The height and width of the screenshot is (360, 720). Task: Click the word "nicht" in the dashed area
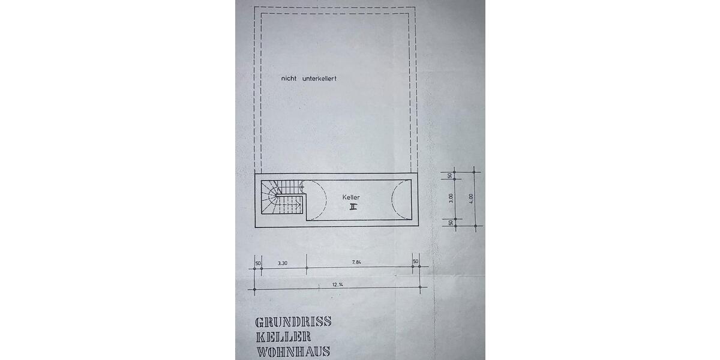pos(289,79)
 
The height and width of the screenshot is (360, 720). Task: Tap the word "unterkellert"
pos(319,79)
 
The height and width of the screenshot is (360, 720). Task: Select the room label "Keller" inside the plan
pos(351,197)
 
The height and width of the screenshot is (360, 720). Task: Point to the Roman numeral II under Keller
pos(353,207)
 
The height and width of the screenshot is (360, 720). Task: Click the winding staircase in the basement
pos(282,197)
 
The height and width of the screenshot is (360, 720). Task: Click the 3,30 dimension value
pos(283,263)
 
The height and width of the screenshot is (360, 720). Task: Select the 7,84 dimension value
pos(356,262)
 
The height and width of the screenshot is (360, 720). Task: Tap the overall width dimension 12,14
pos(337,284)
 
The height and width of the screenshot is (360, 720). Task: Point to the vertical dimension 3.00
pos(451,198)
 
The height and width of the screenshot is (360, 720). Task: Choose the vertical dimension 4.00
pos(471,198)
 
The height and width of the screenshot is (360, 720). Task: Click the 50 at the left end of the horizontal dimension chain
pos(258,263)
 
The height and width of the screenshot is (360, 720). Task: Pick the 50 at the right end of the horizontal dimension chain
pos(416,262)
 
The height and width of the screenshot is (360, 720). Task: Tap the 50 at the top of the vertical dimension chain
pos(450,175)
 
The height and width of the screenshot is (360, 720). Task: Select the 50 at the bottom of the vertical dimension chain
pos(451,223)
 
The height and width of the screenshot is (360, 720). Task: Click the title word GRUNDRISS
pos(293,322)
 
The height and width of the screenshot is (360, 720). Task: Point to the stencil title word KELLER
pos(283,337)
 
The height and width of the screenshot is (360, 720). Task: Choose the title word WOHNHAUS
pos(293,352)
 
